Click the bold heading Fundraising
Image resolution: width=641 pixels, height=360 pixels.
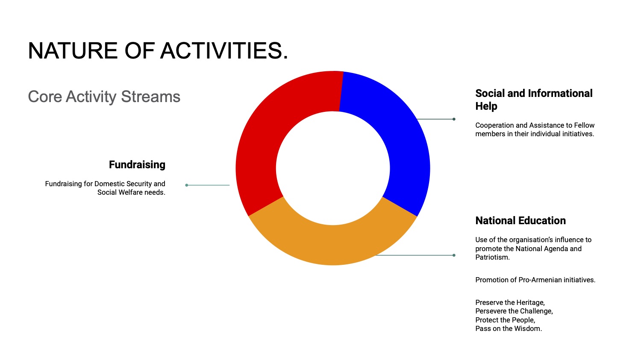137,165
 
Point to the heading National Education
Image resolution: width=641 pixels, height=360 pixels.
520,220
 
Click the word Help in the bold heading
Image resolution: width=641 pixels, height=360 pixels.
486,106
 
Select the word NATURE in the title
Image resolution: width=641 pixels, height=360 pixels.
73,51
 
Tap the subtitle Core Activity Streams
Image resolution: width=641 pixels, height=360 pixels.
104,97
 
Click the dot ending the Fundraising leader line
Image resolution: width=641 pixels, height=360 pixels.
187,185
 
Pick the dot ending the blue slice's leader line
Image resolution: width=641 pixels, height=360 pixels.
454,119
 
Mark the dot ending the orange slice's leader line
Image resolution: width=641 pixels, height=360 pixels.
454,255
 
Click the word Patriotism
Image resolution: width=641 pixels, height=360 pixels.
492,258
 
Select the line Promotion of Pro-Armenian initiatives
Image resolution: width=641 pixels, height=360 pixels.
535,280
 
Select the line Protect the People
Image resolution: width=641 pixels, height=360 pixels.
506,320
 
